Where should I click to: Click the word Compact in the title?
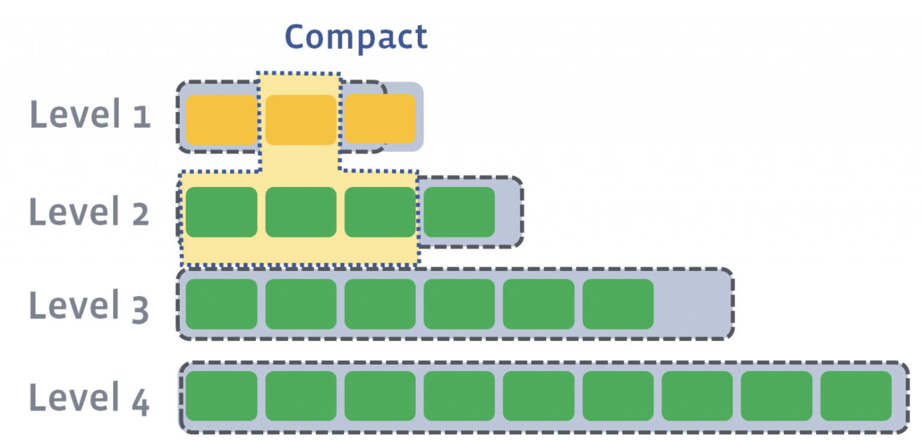click(x=356, y=37)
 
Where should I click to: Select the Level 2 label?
click(x=89, y=212)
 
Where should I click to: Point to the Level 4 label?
click(x=89, y=397)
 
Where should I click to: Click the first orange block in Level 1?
click(x=221, y=119)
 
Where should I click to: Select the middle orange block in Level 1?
click(x=300, y=119)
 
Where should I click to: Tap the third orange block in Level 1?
click(x=380, y=119)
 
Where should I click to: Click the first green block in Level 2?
click(x=221, y=212)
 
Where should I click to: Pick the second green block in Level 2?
click(x=300, y=212)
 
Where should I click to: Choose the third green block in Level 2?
click(x=380, y=212)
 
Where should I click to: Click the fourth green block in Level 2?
click(x=459, y=212)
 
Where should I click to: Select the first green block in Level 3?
click(x=221, y=304)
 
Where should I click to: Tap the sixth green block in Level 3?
click(x=618, y=304)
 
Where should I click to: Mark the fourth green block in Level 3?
click(x=459, y=304)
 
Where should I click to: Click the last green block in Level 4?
click(x=856, y=396)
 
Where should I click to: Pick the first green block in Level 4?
click(x=221, y=396)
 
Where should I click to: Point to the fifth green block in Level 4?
click(x=538, y=396)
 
